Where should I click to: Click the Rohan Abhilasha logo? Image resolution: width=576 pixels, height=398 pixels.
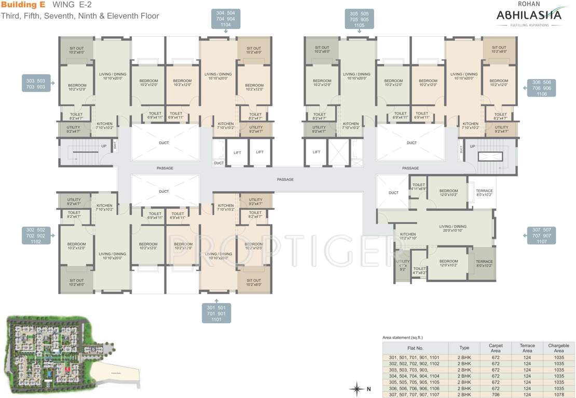click(x=529, y=16)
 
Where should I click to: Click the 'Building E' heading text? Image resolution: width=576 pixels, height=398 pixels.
click(x=23, y=5)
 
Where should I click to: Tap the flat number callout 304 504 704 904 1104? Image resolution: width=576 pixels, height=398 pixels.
click(x=225, y=18)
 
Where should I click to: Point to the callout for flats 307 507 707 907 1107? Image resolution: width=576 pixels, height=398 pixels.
click(x=541, y=235)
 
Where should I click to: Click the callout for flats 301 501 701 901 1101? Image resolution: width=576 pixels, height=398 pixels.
click(x=216, y=314)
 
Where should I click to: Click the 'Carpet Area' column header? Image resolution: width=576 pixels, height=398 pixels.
click(x=495, y=348)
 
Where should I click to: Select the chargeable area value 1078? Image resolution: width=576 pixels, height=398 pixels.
click(x=558, y=394)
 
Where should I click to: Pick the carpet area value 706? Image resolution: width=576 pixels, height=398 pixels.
click(x=495, y=394)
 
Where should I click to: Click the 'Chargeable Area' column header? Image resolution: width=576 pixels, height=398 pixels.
click(x=558, y=348)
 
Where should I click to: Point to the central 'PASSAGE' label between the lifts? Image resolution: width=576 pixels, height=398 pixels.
click(x=285, y=179)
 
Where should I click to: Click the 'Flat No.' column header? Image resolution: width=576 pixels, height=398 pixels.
click(x=416, y=348)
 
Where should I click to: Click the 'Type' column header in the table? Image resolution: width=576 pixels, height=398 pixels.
click(x=464, y=348)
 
